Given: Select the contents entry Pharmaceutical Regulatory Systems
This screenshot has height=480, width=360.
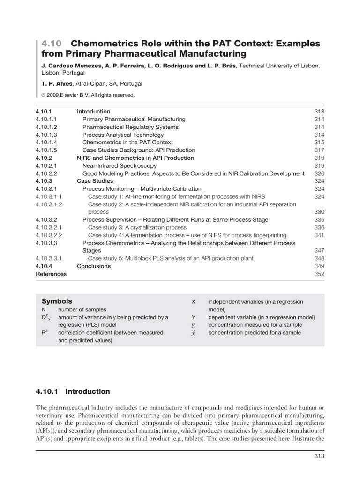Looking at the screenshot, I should pos(130,127).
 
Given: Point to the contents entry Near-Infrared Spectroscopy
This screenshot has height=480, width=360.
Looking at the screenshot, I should pos(120,165).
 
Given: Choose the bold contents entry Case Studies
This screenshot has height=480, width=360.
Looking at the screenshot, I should pos(95,181).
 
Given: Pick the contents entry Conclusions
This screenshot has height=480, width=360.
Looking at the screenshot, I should pos(94,266).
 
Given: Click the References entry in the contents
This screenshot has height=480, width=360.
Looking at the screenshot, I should pos(51,274).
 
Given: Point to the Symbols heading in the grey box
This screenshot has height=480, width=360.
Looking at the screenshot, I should pos(57,301).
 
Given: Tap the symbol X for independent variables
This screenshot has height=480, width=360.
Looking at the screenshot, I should pos(194,302).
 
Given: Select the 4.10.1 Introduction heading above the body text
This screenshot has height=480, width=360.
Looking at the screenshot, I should pos(73,391).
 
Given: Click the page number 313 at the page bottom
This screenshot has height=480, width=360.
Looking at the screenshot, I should pos(319,456).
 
